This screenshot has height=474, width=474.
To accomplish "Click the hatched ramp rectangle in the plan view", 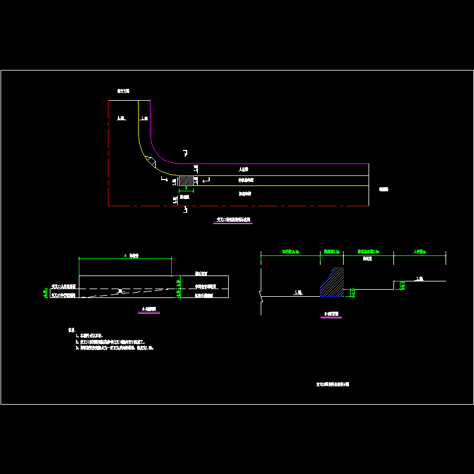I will click(186, 180).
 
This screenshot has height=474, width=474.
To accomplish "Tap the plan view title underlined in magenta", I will click(233, 220).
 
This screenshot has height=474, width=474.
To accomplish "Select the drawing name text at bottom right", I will click(332, 384).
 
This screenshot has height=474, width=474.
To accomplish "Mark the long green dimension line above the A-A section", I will click(125, 258).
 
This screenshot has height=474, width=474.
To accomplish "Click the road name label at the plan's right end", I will click(383, 190).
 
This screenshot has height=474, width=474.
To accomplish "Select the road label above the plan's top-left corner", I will click(123, 91).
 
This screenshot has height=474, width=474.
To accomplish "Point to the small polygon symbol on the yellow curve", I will click(151, 160).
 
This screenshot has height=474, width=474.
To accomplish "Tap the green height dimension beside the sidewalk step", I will click(402, 286).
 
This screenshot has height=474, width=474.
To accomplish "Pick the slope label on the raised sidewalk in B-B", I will click(419, 278).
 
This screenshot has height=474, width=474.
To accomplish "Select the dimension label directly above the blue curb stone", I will click(330, 252).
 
